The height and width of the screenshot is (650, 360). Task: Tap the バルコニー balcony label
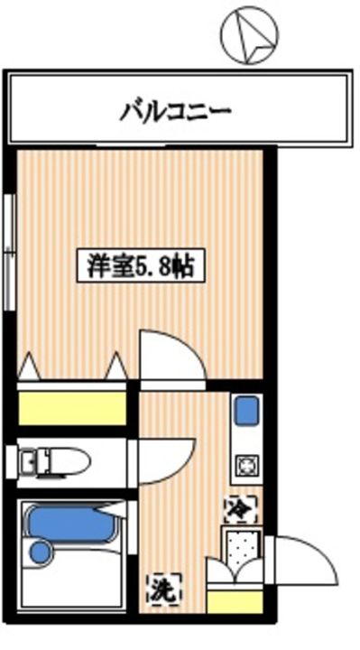(x=177, y=112)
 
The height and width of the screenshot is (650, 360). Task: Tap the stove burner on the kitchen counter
(x=245, y=466)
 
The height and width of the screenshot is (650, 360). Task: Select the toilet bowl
(x=69, y=463)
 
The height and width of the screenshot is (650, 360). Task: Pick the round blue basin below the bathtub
(x=40, y=550)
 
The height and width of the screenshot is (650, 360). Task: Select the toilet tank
(x=24, y=463)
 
